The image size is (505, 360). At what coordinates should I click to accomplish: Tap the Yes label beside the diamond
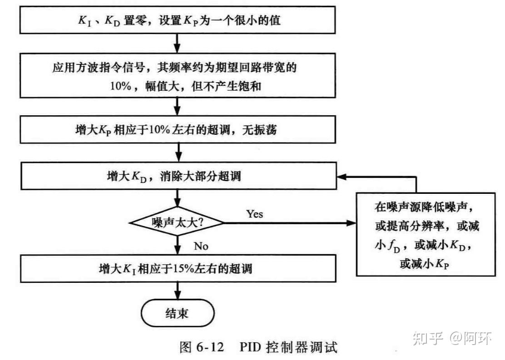coord(254,214)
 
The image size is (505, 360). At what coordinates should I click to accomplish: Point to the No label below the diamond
coord(201,246)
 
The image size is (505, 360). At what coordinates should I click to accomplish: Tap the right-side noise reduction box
coord(426,234)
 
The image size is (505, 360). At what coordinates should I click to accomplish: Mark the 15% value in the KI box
coord(181,268)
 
